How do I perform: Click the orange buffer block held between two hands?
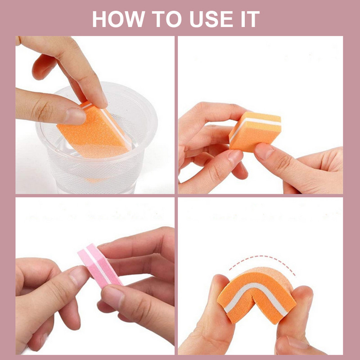pos(254,130)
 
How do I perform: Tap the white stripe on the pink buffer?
pos(100,265)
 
